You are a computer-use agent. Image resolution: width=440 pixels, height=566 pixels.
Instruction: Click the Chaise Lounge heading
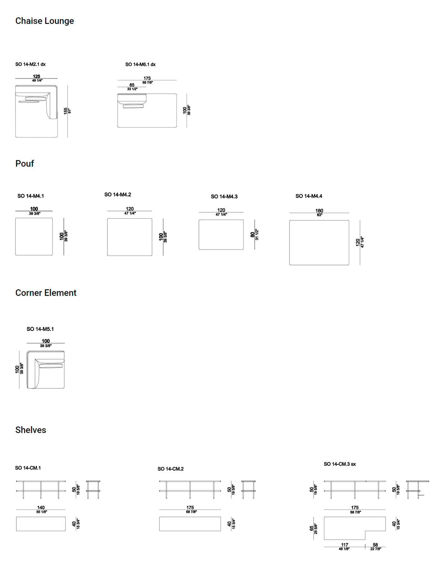(x=45, y=21)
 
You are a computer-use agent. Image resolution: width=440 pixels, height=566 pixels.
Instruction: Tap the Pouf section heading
(x=25, y=164)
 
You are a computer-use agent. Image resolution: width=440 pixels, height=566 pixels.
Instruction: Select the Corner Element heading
(x=46, y=293)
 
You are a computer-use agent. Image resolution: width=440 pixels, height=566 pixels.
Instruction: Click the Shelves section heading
(x=31, y=430)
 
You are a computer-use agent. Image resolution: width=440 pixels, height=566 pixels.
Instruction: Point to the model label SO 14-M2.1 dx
(x=30, y=64)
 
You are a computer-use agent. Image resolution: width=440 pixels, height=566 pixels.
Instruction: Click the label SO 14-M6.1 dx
(x=140, y=64)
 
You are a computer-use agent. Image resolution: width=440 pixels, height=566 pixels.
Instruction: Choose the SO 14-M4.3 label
(x=224, y=197)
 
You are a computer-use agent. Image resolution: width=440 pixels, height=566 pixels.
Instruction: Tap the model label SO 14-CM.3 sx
(x=340, y=464)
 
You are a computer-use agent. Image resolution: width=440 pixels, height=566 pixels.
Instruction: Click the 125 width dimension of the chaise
(x=36, y=76)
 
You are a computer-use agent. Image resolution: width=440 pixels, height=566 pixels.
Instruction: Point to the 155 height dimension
(x=66, y=111)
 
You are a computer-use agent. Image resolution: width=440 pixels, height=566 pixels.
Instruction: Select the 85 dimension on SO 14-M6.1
(x=132, y=85)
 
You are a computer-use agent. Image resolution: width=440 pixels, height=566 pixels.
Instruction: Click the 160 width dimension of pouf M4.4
(x=319, y=211)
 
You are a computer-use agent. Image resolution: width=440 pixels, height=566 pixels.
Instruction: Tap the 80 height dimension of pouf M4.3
(x=253, y=235)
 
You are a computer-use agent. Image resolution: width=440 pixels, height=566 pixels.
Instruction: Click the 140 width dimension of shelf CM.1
(x=41, y=508)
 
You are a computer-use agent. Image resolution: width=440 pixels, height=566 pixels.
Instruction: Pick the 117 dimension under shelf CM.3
(x=345, y=545)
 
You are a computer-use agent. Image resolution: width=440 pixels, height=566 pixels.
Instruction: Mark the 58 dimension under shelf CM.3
(x=375, y=545)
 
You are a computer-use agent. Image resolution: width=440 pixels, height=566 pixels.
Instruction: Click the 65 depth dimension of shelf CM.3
(x=312, y=528)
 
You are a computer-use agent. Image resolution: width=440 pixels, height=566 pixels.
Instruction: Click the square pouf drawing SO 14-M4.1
(x=34, y=236)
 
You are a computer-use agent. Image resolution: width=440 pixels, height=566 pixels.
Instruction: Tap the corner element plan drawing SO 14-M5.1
(x=46, y=370)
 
